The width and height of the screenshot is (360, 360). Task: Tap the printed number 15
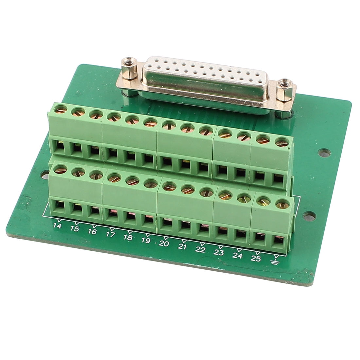tap(74, 229)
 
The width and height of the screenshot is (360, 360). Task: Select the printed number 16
tap(92, 231)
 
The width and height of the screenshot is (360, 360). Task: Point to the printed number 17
tap(110, 234)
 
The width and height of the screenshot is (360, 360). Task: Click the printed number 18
tap(128, 238)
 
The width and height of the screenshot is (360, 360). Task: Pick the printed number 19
tap(146, 241)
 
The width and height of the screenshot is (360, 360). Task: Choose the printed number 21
tap(182, 246)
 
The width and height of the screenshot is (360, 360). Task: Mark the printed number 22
tap(200, 249)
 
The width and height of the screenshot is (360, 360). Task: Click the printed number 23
tap(219, 252)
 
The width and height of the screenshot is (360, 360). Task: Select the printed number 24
tap(237, 256)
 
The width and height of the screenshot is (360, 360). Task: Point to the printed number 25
tap(255, 259)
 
